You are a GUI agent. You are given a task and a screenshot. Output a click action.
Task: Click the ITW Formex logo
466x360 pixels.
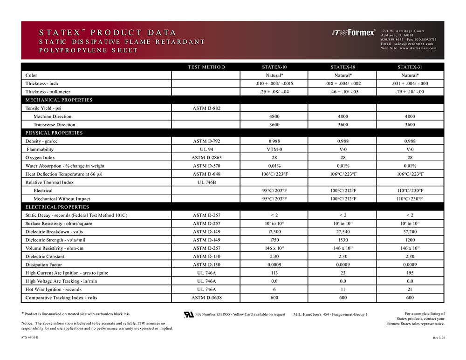tap(353, 33)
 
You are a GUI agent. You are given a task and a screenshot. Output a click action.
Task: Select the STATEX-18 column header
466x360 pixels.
tap(343, 67)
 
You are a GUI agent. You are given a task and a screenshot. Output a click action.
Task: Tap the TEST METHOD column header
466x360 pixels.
tap(206, 67)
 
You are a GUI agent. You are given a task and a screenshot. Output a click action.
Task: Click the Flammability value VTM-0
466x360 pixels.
tap(274, 149)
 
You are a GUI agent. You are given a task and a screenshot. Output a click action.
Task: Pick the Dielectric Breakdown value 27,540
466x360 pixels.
tap(343, 232)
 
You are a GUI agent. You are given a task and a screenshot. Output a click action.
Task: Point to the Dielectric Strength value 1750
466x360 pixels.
tap(274, 240)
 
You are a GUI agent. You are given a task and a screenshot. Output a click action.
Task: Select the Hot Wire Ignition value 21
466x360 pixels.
tap(410, 290)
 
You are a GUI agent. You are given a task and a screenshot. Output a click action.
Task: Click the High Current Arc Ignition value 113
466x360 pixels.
tap(274, 273)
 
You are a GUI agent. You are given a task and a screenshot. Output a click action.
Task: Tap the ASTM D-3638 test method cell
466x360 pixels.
tap(206, 298)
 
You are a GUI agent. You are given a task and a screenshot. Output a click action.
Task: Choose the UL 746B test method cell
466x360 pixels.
tap(206, 182)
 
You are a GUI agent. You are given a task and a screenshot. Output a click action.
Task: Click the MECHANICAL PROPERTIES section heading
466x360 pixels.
tap(59, 100)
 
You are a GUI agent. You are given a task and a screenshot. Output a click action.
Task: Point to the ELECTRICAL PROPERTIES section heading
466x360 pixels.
tap(58, 207)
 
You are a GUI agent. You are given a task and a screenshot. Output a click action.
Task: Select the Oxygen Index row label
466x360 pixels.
tap(40, 157)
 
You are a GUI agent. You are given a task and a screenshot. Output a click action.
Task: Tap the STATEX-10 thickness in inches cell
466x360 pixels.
tap(274, 83)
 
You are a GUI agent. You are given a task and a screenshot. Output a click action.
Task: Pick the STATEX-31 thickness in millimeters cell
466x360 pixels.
tap(410, 92)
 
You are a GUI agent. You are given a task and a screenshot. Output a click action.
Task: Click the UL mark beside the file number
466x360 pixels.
tap(189, 314)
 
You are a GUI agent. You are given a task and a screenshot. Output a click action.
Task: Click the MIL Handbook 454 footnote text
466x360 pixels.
tap(330, 314)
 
